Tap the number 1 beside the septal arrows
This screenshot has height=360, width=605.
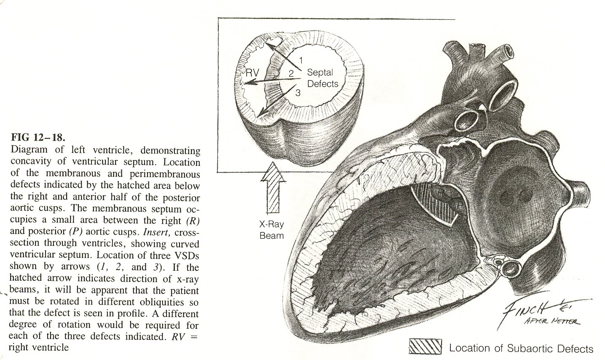pyautogui.click(x=301, y=60)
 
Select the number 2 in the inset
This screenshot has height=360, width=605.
pyautogui.click(x=291, y=73)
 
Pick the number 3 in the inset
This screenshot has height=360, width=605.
pyautogui.click(x=298, y=93)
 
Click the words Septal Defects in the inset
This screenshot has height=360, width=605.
pyautogui.click(x=322, y=78)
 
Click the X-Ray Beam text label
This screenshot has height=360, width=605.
pyautogui.click(x=272, y=229)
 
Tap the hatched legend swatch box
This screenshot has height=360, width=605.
pyautogui.click(x=425, y=347)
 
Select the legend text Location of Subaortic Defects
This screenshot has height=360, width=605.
pyautogui.click(x=521, y=348)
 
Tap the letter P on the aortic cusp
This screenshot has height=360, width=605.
pyautogui.click(x=460, y=206)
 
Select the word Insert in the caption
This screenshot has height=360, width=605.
pyautogui.click(x=155, y=232)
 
